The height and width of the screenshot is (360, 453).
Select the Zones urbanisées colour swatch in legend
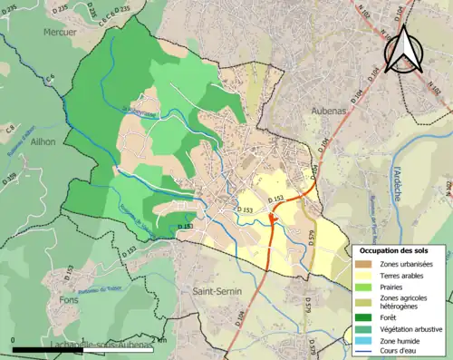point(361,262)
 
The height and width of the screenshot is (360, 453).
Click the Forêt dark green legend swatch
point(361,316)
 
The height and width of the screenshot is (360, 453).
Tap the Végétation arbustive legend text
point(407,328)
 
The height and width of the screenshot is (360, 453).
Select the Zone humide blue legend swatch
point(361,340)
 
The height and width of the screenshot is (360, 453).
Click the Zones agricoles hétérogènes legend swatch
point(361,301)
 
